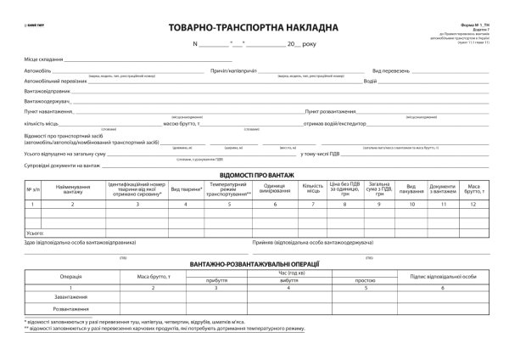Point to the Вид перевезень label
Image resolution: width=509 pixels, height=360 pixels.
pyautogui.click(x=391, y=71)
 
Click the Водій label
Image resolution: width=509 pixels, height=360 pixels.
pyautogui.click(x=370, y=82)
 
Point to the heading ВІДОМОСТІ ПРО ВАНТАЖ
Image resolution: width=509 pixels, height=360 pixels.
pyautogui.click(x=254, y=175)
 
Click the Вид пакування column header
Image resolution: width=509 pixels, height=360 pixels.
pyautogui.click(x=411, y=188)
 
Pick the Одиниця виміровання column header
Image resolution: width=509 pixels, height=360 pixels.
pyautogui.click(x=275, y=188)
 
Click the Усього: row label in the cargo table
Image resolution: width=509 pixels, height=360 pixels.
pyautogui.click(x=36, y=231)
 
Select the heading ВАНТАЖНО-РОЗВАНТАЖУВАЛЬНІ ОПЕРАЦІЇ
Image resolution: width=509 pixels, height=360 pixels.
pyautogui.click(x=254, y=264)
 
